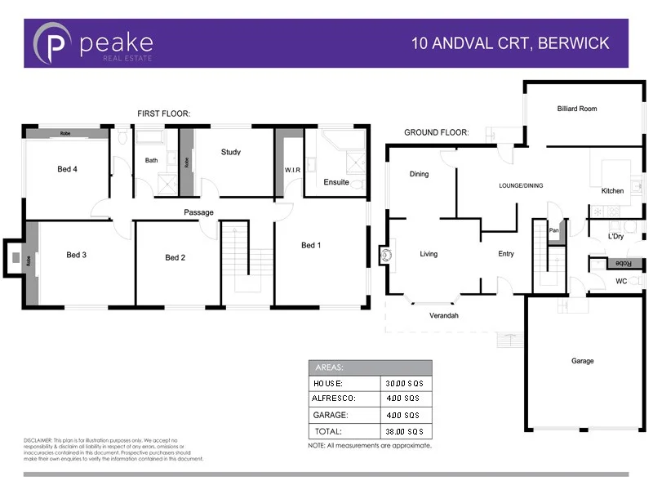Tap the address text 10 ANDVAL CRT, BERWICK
click(510, 43)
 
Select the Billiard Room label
click(577, 109)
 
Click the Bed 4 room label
click(67, 169)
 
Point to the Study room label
click(231, 152)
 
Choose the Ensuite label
click(336, 182)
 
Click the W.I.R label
click(293, 170)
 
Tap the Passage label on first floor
click(198, 212)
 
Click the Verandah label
click(444, 315)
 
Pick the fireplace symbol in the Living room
click(386, 255)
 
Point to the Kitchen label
click(612, 190)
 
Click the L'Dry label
click(615, 237)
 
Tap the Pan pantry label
click(553, 230)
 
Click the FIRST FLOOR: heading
click(163, 114)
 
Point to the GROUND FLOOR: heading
click(436, 131)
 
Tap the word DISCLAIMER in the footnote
click(38, 440)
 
